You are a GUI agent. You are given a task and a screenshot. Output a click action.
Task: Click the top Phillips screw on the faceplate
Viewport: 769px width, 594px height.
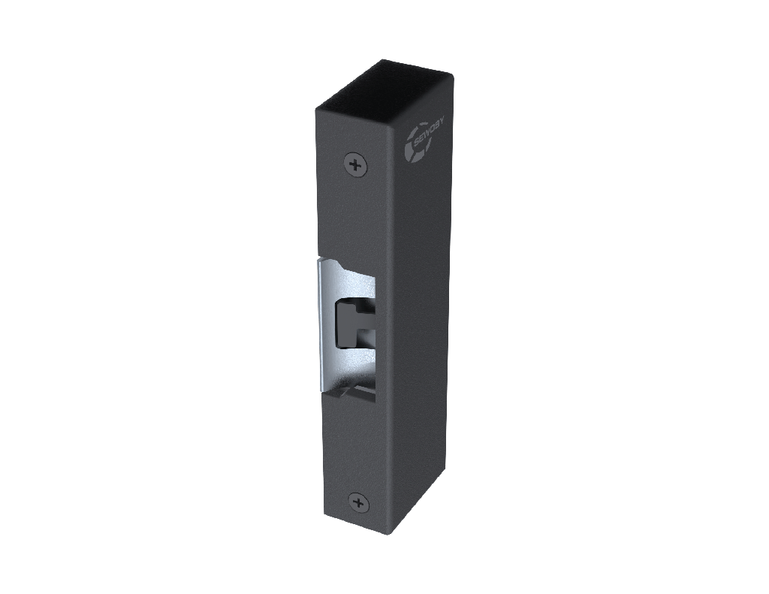coord(356,163)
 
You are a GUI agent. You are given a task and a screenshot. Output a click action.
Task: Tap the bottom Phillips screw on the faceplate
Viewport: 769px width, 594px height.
coord(358,502)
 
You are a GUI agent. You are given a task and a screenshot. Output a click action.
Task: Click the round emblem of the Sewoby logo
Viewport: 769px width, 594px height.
coord(418,148)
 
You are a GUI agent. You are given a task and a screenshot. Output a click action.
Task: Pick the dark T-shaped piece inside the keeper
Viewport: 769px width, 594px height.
coord(349,323)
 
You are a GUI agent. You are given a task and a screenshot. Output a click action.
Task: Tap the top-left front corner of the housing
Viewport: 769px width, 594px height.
coord(316,110)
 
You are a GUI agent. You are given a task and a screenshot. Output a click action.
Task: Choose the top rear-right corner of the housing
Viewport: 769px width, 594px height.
coord(452,74)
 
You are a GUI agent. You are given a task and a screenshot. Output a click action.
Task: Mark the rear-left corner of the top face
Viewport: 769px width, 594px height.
coord(380,60)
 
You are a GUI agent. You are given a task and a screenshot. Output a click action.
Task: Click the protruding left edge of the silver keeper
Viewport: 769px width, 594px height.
coord(320,323)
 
